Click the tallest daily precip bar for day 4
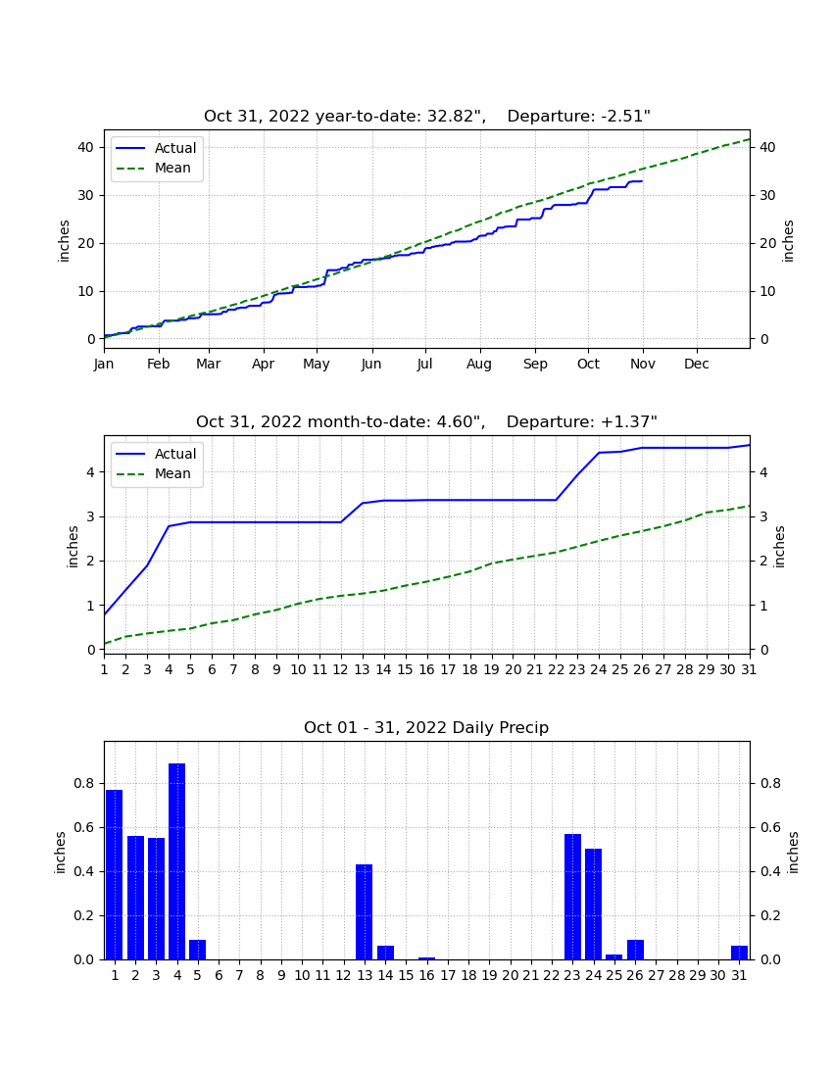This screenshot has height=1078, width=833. point(176,861)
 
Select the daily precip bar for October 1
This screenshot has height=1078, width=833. point(114,874)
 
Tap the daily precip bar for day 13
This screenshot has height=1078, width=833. point(365,911)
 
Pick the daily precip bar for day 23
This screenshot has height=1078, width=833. point(572,897)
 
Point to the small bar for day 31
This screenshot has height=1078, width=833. point(739,953)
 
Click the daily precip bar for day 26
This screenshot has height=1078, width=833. point(635,950)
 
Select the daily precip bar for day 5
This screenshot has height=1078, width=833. point(197,950)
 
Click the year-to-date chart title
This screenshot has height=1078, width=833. point(427,117)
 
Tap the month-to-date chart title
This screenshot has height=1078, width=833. point(427,421)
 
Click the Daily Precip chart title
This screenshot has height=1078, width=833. point(426,727)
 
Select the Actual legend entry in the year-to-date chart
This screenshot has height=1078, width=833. point(157,148)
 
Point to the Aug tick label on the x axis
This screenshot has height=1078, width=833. point(479,364)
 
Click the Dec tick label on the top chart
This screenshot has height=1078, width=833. point(696,364)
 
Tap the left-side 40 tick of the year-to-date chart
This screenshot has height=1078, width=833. point(86,147)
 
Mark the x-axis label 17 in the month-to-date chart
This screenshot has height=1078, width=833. point(448,669)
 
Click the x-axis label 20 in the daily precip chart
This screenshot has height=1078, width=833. point(510,975)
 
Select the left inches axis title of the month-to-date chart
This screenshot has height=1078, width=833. point(73,547)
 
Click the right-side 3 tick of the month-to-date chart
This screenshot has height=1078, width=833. point(762,517)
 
